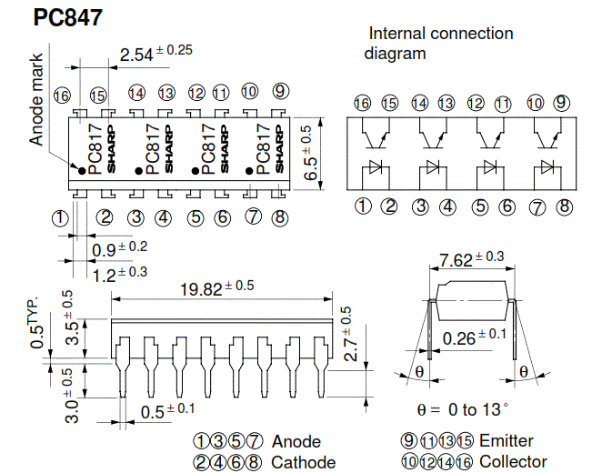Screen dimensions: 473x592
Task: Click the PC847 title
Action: coord(67,19)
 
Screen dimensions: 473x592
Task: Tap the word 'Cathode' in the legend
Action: coord(304,462)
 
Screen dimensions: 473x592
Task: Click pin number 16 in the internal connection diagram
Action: coord(362,104)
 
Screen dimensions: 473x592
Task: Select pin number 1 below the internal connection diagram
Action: coord(362,206)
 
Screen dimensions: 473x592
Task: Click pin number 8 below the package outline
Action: coord(279,217)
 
